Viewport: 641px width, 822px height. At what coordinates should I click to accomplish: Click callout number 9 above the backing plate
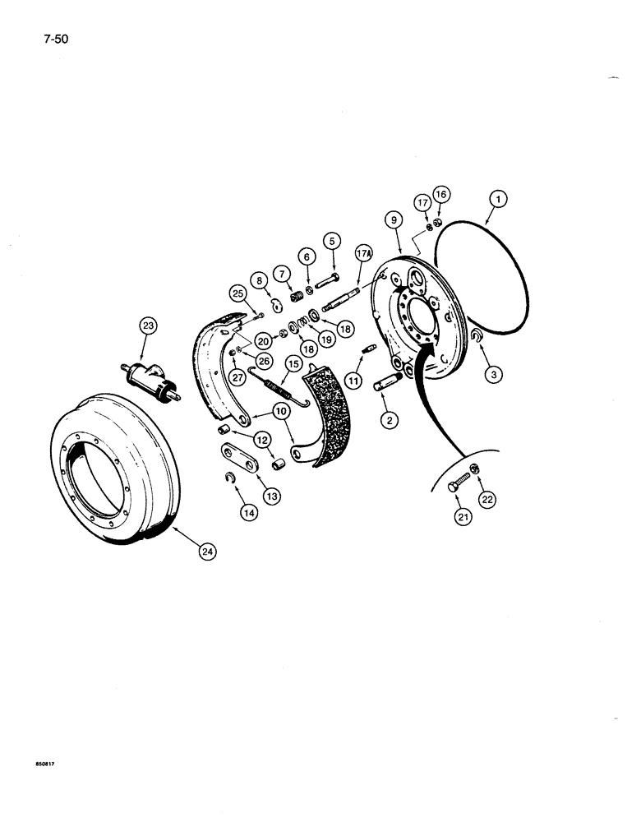tap(394, 219)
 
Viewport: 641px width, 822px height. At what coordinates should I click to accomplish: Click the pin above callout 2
tap(389, 383)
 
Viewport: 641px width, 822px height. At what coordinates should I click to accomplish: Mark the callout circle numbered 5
tap(332, 241)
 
